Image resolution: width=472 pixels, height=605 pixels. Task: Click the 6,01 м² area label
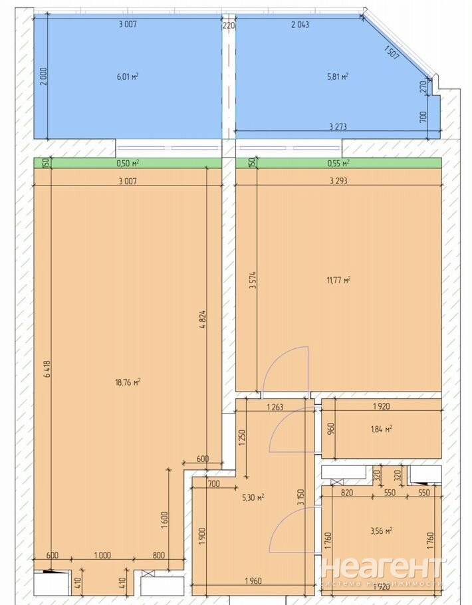tap(128, 76)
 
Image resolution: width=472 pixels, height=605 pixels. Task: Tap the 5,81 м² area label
tap(338, 76)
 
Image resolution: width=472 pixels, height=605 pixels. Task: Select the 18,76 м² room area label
tap(128, 382)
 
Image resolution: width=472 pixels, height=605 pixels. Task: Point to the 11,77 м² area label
tap(338, 279)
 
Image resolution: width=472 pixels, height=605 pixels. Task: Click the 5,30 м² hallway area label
tap(253, 497)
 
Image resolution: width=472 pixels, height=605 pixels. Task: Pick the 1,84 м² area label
tap(382, 429)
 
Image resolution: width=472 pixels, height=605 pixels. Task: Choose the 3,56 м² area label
tap(382, 531)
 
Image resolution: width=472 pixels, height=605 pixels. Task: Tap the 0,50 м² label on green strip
tap(128, 163)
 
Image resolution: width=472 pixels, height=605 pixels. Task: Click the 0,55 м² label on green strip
tap(338, 163)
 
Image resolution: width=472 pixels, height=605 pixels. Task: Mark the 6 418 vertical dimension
tap(47, 368)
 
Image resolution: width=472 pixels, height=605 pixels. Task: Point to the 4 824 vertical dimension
tap(203, 320)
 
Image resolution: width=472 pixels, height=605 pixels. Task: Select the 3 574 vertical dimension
tap(253, 281)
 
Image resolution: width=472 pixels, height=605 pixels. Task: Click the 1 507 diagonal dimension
tap(392, 51)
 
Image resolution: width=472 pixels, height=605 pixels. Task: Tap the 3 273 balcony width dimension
tap(338, 126)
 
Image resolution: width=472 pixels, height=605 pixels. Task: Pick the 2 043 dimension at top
tap(300, 25)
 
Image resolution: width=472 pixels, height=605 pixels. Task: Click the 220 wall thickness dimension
tap(229, 25)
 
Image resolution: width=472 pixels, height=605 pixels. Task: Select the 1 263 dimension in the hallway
tap(275, 406)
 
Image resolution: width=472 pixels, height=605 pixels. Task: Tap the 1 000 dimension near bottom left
tap(102, 555)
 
